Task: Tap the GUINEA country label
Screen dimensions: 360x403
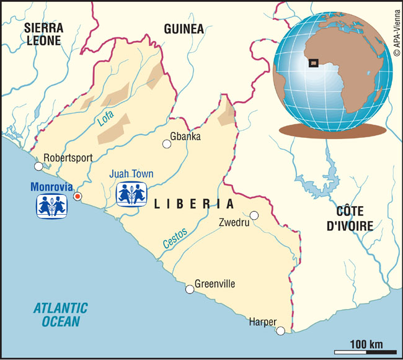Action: tap(184, 29)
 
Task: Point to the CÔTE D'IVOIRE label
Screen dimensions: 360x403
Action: tap(351, 217)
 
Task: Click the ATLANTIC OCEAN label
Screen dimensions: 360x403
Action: tap(61, 314)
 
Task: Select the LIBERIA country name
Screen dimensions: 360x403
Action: tap(193, 204)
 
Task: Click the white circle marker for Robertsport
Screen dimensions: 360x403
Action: tap(38, 166)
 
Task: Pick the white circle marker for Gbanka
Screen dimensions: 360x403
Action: tap(167, 145)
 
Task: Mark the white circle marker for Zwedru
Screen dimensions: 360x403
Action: tap(254, 215)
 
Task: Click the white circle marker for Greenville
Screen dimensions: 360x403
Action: tap(190, 289)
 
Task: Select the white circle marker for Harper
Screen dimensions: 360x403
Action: tap(281, 330)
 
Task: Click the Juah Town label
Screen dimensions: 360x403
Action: tap(131, 174)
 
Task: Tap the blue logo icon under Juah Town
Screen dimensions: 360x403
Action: tap(132, 194)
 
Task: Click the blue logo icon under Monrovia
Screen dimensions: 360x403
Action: tap(51, 205)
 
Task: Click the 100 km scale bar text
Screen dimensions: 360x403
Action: tap(366, 344)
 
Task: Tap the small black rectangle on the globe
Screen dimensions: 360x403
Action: tap(314, 62)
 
